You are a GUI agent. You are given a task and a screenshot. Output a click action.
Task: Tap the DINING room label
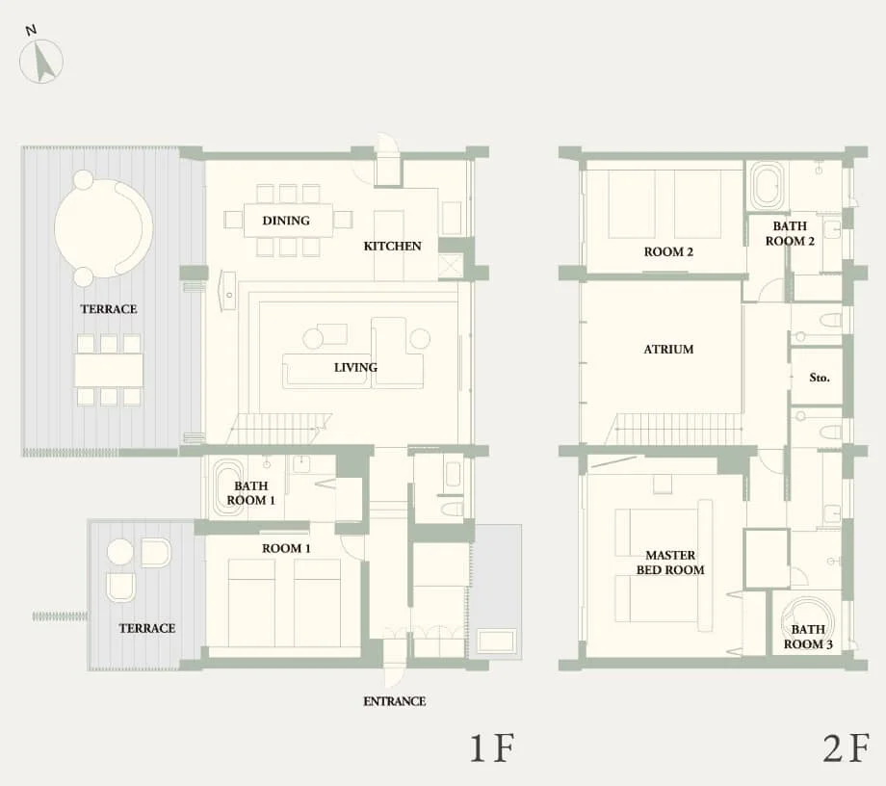pos(286,221)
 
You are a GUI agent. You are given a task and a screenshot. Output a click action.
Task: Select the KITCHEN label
pos(392,246)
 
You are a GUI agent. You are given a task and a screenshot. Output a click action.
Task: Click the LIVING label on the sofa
pos(355,367)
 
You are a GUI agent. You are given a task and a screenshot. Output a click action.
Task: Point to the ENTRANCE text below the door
pos(394,701)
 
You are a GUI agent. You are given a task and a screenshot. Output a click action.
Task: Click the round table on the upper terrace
pos(103,228)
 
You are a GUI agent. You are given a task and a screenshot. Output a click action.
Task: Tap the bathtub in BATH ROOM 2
pos(768,185)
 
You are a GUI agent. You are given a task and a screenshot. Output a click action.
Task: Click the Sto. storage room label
pos(820,379)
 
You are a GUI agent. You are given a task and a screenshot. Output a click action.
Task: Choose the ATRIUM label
pos(668,350)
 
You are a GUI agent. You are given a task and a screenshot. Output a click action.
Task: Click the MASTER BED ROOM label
pos(670,563)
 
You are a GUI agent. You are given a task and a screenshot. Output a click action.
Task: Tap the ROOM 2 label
pos(669,252)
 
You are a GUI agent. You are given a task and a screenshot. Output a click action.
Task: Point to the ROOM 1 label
pos(287,548)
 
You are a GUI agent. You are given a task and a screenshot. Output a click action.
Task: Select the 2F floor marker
pos(847,748)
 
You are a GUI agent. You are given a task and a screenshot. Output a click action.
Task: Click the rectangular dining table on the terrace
pos(109,370)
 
